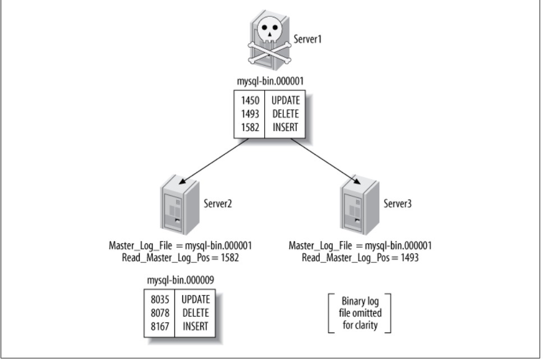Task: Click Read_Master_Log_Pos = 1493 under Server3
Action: pyautogui.click(x=360, y=257)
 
